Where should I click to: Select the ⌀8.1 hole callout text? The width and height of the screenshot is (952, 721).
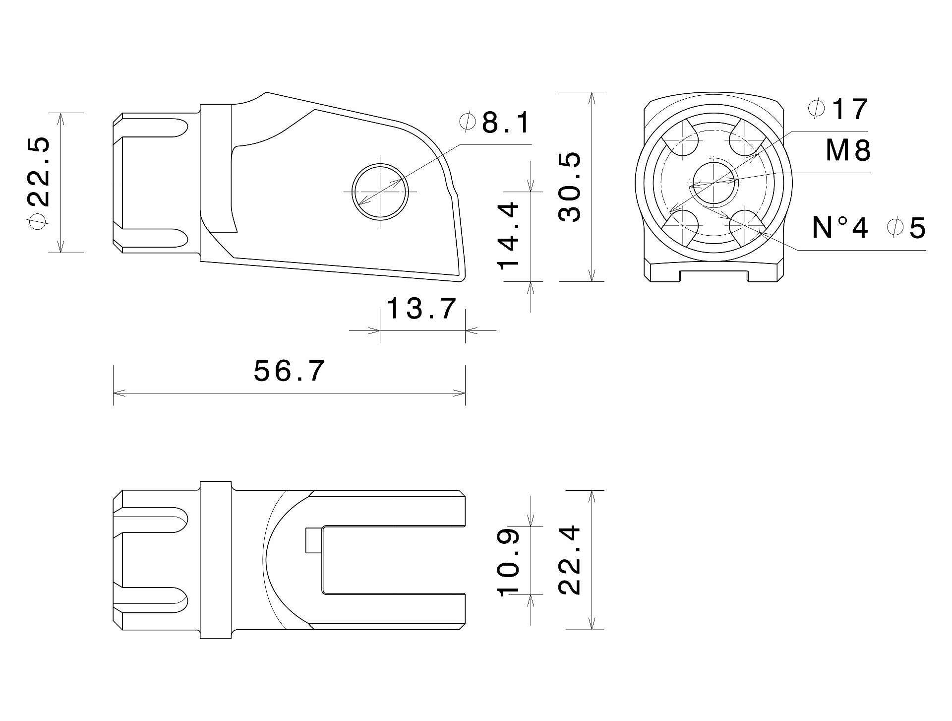click(x=495, y=122)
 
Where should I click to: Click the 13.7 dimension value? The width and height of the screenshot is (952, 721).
click(x=421, y=309)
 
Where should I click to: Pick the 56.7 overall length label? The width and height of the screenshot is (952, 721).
click(x=289, y=371)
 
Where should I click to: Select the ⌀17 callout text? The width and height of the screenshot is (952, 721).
click(x=838, y=109)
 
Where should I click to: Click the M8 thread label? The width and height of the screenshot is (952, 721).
click(x=848, y=150)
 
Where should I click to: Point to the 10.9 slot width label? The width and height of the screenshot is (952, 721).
click(x=508, y=561)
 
